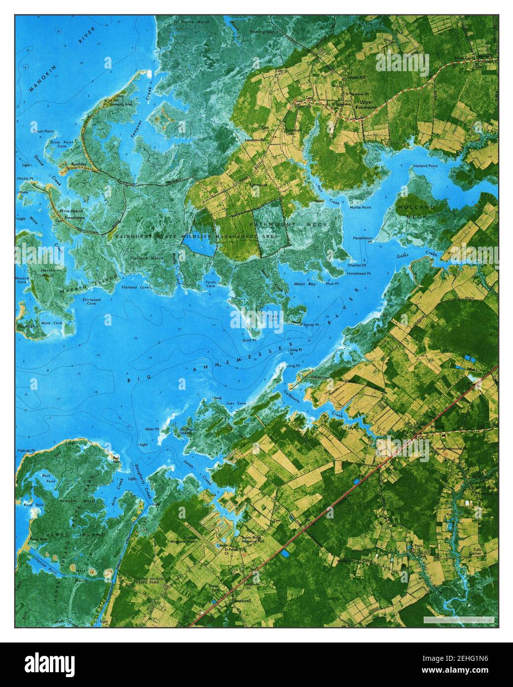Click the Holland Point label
(426, 166)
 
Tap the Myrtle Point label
(360, 208)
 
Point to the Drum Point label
(43, 131)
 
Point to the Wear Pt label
(151, 429)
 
